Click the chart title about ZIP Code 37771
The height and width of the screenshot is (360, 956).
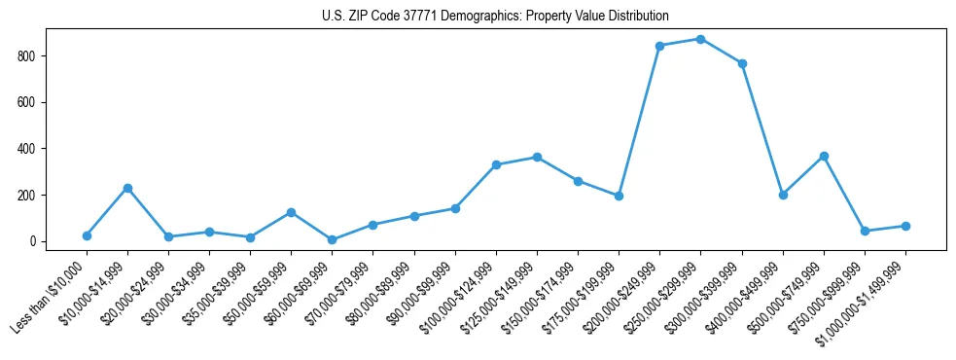pyautogui.click(x=495, y=17)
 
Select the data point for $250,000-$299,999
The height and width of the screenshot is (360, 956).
pyautogui.click(x=701, y=39)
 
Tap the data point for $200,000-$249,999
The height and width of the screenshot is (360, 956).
pyautogui.click(x=660, y=46)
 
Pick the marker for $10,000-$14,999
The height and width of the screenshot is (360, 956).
pyautogui.click(x=127, y=188)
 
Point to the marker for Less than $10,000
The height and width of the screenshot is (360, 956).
pyautogui.click(x=87, y=235)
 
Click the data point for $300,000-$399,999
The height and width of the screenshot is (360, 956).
pyautogui.click(x=742, y=63)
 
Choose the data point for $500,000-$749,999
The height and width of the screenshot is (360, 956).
pyautogui.click(x=824, y=156)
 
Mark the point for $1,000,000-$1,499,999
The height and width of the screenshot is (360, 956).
pyautogui.click(x=905, y=226)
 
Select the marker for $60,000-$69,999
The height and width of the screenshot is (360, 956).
pyautogui.click(x=333, y=239)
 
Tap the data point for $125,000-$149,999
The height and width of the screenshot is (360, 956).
pyautogui.click(x=537, y=157)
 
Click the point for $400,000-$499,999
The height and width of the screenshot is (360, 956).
pyautogui.click(x=783, y=195)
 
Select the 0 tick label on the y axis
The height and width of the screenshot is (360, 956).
pyautogui.click(x=32, y=241)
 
